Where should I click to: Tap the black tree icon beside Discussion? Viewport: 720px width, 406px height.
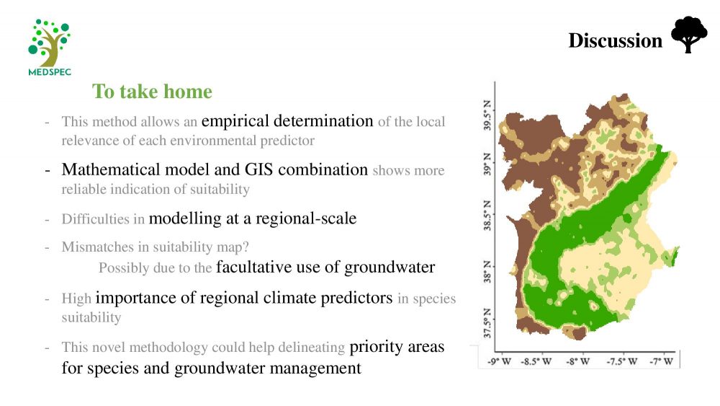pyautogui.click(x=689, y=35)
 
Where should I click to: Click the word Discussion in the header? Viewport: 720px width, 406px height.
pyautogui.click(x=616, y=40)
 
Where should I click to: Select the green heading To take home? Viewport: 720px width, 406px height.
pyautogui.click(x=152, y=91)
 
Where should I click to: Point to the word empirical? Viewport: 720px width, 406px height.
pyautogui.click(x=235, y=121)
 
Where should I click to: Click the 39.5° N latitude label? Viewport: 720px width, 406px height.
pyautogui.click(x=487, y=115)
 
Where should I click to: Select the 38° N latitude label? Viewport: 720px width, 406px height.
pyautogui.click(x=487, y=272)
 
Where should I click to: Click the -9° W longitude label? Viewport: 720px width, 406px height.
pyautogui.click(x=499, y=361)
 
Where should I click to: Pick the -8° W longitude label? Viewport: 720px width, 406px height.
pyautogui.click(x=577, y=361)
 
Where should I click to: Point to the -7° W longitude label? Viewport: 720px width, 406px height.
pyautogui.click(x=661, y=361)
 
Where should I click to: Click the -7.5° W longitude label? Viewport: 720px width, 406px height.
pyautogui.click(x=622, y=361)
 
